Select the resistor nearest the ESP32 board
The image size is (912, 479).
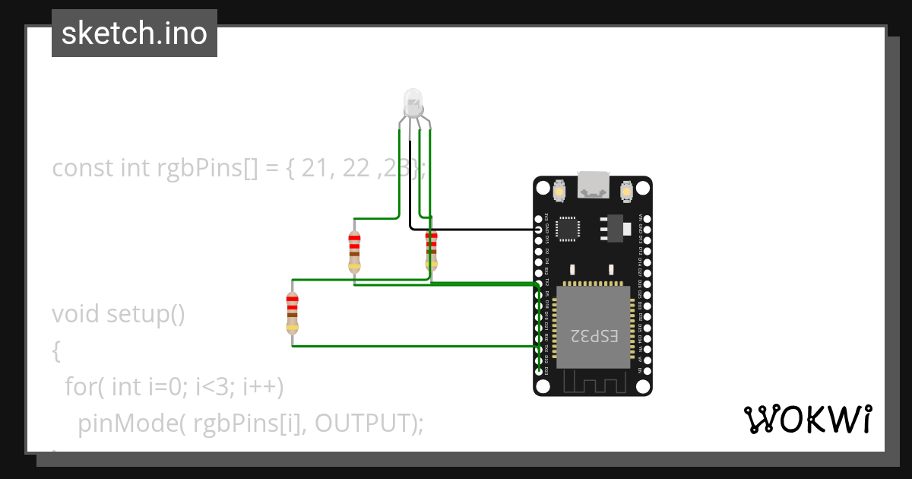pos(431,250)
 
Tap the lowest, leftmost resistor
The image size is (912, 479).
pos(292,313)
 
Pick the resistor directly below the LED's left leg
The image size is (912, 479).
pos(354,250)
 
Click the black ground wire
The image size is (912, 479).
pos(471,228)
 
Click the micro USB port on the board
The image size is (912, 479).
pos(593,185)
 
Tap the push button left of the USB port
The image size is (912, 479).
pos(559,191)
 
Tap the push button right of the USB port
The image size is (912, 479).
pos(628,191)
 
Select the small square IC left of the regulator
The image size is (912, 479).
pos(568,228)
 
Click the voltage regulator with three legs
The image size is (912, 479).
pos(615,227)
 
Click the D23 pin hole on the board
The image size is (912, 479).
pos(539,370)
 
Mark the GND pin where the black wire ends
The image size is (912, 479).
pos(539,228)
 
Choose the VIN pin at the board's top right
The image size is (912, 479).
pos(647,217)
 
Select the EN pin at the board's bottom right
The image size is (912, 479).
pos(647,370)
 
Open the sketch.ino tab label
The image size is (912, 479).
pos(135,33)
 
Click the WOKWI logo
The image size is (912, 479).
pos(807,419)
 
